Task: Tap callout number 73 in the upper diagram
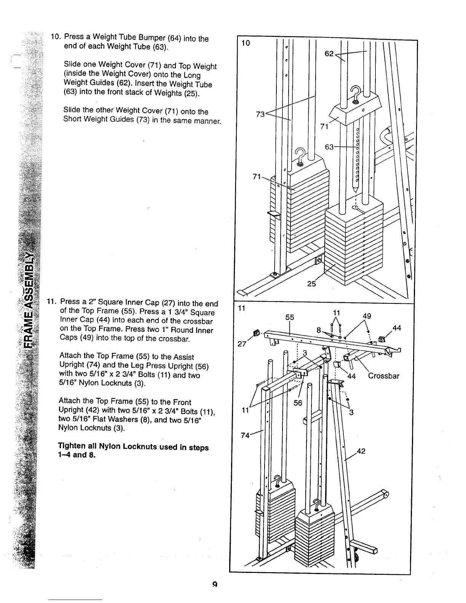tap(260, 114)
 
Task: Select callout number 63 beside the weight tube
tap(329, 147)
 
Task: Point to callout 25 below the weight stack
tap(311, 284)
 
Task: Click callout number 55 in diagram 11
tap(290, 317)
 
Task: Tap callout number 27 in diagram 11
tap(241, 344)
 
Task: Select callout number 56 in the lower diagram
tap(298, 403)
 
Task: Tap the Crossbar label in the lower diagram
tap(384, 376)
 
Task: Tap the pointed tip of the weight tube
tap(355, 189)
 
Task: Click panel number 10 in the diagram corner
tap(246, 43)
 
